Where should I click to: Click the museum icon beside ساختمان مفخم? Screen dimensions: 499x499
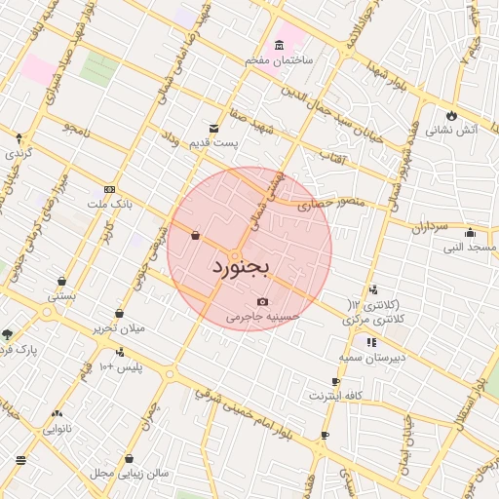coord(280,46)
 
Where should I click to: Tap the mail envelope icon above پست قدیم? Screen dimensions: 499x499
coord(213,128)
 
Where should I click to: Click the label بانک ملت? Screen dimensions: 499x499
coord(109,205)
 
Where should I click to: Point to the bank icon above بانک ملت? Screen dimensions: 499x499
coord(108,190)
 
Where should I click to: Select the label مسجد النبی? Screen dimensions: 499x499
coord(470,247)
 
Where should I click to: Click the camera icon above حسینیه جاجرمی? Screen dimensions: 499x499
coord(262,302)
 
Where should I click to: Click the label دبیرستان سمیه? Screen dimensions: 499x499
coord(371,357)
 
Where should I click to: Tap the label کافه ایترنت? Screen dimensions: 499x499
coord(335,396)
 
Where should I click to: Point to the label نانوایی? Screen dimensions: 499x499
coord(57,428)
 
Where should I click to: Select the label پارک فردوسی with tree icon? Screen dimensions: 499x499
coord(14,348)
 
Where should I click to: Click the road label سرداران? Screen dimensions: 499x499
coord(427,226)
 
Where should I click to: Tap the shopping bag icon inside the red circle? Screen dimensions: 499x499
coord(196,235)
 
